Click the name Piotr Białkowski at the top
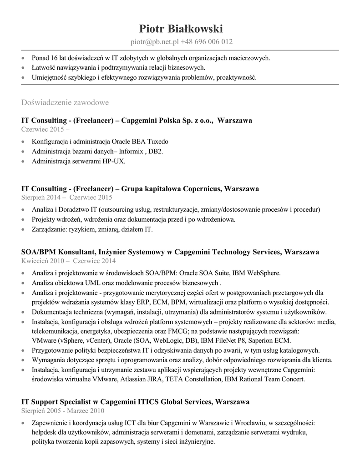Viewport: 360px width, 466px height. pos(181,29)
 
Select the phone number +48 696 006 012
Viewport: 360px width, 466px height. pos(207,42)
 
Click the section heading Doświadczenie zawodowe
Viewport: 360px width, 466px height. pos(65,102)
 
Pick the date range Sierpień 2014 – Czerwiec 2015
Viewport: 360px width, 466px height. pos(67,198)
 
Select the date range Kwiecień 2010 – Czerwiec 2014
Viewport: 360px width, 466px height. pos(68,261)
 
